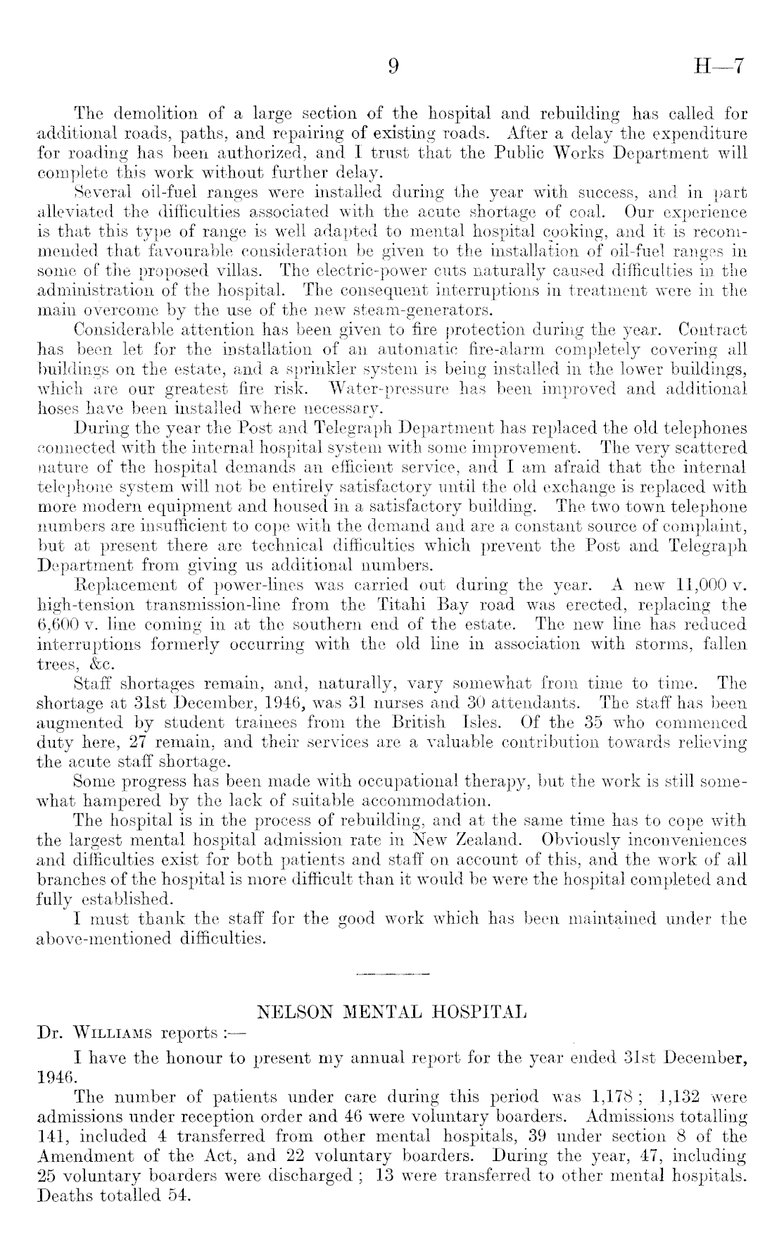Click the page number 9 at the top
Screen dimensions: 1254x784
click(393, 67)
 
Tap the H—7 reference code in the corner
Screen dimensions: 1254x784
click(719, 67)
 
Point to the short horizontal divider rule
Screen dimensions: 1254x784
click(393, 974)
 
